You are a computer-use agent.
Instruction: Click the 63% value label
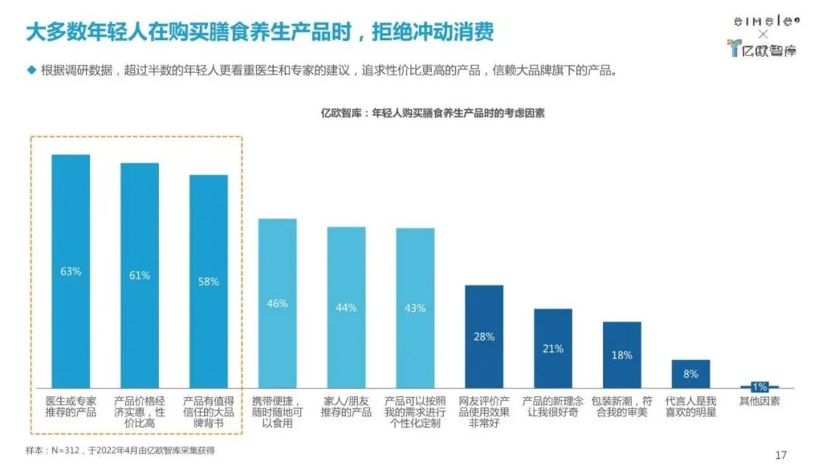(70, 271)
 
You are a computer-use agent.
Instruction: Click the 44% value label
(346, 307)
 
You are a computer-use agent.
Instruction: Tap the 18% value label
(622, 355)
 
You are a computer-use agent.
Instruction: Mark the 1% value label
(760, 386)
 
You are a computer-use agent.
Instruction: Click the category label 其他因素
(760, 401)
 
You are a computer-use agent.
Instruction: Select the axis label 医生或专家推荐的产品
(70, 407)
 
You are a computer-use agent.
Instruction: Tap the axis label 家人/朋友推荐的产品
(346, 407)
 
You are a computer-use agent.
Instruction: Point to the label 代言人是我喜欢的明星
(690, 407)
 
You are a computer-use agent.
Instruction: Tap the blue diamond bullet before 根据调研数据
(31, 70)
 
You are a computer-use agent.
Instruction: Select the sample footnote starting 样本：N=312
(121, 450)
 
